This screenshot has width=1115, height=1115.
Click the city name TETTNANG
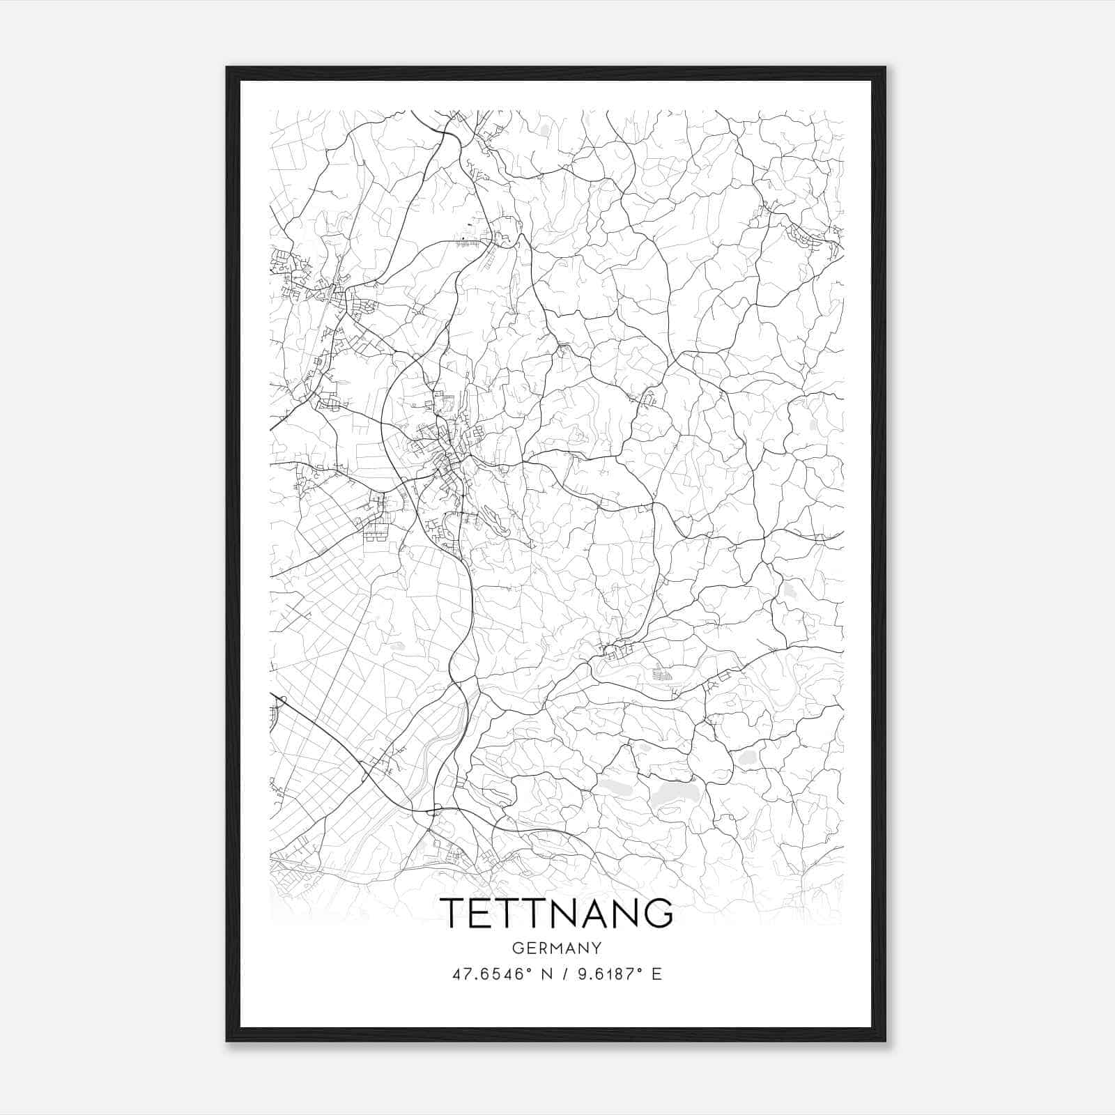(557, 912)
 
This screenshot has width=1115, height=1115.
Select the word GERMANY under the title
(557, 948)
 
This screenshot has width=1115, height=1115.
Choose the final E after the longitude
(656, 974)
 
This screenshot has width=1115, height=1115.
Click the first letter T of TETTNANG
(454, 912)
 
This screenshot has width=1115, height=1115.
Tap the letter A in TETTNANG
(590, 912)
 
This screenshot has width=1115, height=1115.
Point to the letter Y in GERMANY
(597, 948)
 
